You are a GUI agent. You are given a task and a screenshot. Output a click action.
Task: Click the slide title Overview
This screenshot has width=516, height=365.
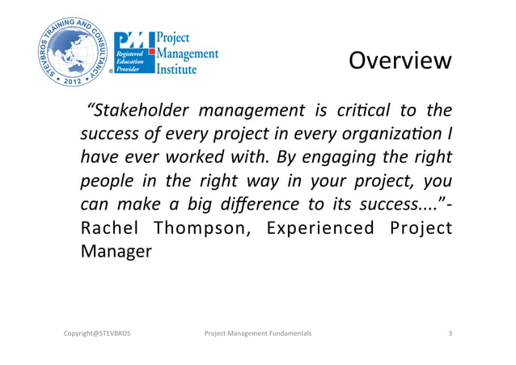point(400,62)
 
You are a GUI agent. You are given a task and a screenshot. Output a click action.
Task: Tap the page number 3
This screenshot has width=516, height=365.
point(450,333)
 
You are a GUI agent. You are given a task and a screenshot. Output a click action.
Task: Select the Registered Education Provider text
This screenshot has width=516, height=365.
point(131,60)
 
